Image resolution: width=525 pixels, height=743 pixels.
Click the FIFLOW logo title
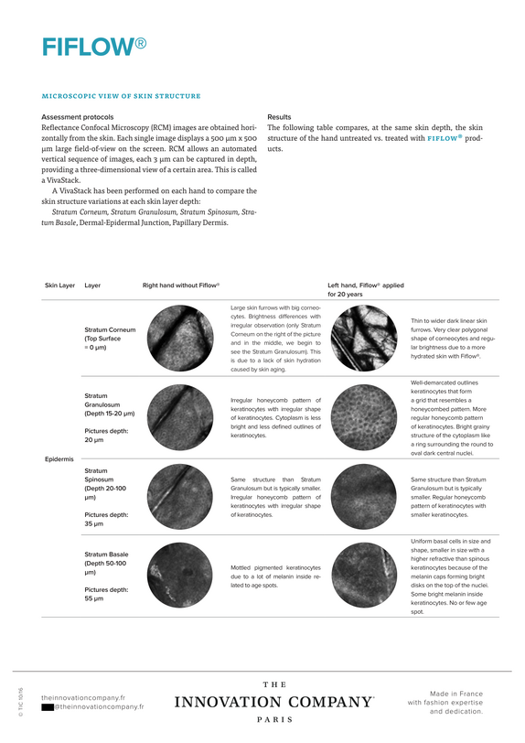[x=94, y=47]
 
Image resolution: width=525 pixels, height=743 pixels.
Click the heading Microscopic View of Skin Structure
[x=122, y=96]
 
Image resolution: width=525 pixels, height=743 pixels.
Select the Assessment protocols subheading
[x=77, y=116]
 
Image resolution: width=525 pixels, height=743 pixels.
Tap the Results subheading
[x=279, y=116]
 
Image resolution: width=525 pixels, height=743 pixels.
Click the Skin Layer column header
[x=59, y=285]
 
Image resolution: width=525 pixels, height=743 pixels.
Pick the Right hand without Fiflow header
[x=181, y=285]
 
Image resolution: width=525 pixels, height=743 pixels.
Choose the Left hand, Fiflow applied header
[x=366, y=289]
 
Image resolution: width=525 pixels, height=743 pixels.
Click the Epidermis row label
[x=59, y=458]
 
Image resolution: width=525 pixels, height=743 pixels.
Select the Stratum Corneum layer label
[x=110, y=339]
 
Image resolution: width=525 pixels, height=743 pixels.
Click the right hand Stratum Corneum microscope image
[x=180, y=338]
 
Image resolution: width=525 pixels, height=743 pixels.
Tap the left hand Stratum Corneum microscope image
[x=364, y=338]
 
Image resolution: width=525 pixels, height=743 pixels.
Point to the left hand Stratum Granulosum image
[x=364, y=417]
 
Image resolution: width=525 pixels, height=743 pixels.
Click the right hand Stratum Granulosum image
[x=180, y=417]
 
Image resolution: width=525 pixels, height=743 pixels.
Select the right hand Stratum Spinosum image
[x=180, y=497]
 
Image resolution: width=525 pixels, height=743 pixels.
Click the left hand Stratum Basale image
[x=364, y=576]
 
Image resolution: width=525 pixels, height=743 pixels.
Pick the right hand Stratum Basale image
[x=180, y=576]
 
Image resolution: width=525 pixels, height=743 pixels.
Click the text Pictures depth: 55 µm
[x=107, y=594]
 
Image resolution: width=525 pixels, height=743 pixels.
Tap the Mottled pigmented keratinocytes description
[x=276, y=576]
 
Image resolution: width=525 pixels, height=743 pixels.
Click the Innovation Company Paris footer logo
[x=274, y=702]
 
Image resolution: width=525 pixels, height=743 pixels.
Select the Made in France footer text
[x=445, y=702]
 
